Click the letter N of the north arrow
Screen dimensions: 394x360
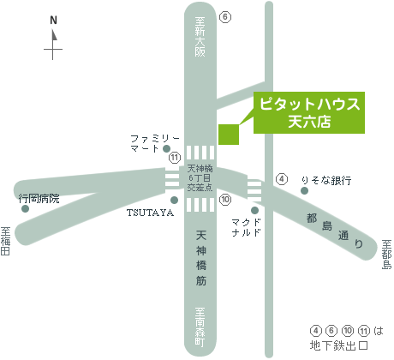53,21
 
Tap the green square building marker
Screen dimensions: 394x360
229,135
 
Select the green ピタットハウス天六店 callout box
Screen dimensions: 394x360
309,112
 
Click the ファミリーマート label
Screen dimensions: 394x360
155,143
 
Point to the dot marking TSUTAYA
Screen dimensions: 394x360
174,200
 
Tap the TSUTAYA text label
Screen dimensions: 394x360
150,213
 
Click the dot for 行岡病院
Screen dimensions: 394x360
25,208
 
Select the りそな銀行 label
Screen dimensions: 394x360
326,181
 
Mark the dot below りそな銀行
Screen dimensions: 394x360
305,190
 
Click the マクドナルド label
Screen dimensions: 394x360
247,227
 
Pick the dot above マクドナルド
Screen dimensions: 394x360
254,211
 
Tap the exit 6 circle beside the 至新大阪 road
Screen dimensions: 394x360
225,17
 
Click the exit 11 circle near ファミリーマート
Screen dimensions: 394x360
175,158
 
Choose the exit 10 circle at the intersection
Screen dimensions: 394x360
225,200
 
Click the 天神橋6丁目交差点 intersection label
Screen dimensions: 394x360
200,177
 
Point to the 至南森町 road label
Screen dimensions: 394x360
200,327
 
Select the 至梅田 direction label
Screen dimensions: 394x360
5,241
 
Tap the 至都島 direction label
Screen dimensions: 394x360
387,255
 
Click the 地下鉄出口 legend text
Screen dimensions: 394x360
339,345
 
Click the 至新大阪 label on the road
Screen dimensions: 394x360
200,37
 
